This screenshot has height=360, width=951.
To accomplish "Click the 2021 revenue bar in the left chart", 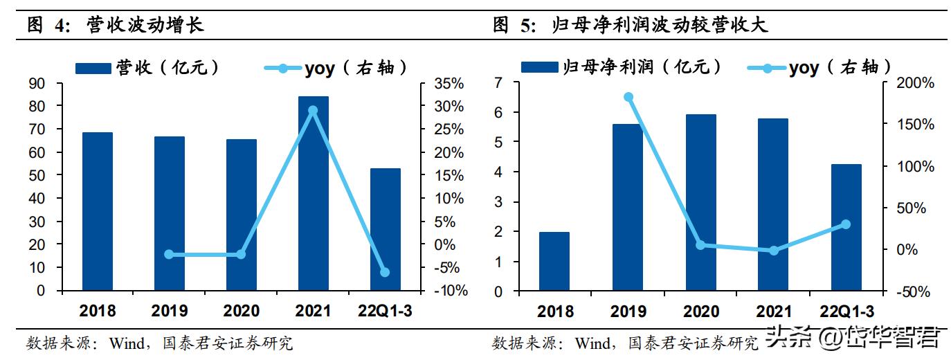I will (x=313, y=194).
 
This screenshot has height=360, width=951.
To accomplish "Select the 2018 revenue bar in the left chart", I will (x=97, y=211).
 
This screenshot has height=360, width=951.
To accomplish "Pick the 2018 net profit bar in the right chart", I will (x=554, y=262).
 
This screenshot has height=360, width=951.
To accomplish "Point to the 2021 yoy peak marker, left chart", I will (x=313, y=111).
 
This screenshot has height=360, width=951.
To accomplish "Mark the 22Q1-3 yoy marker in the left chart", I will (x=385, y=272).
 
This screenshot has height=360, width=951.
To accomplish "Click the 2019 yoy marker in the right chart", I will (x=628, y=97).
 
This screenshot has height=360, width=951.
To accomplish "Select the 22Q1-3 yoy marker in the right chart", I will (x=846, y=224).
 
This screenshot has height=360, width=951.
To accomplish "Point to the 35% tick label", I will (x=449, y=84).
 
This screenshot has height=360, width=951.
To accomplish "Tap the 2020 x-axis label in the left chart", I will (x=241, y=311).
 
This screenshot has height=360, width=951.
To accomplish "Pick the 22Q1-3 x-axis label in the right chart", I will (x=846, y=312).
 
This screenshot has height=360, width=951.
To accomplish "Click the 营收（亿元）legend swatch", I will (x=93, y=68).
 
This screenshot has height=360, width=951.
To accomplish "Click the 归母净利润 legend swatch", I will (x=539, y=67).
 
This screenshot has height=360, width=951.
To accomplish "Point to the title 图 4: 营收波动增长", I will (x=115, y=26).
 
